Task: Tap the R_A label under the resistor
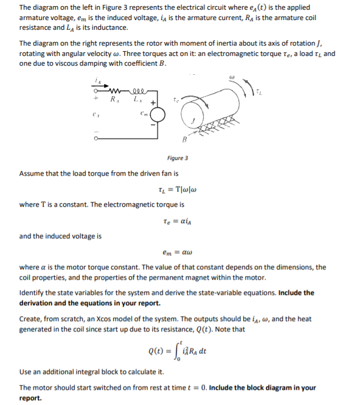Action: click(x=114, y=99)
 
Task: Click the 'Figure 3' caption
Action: click(x=177, y=158)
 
